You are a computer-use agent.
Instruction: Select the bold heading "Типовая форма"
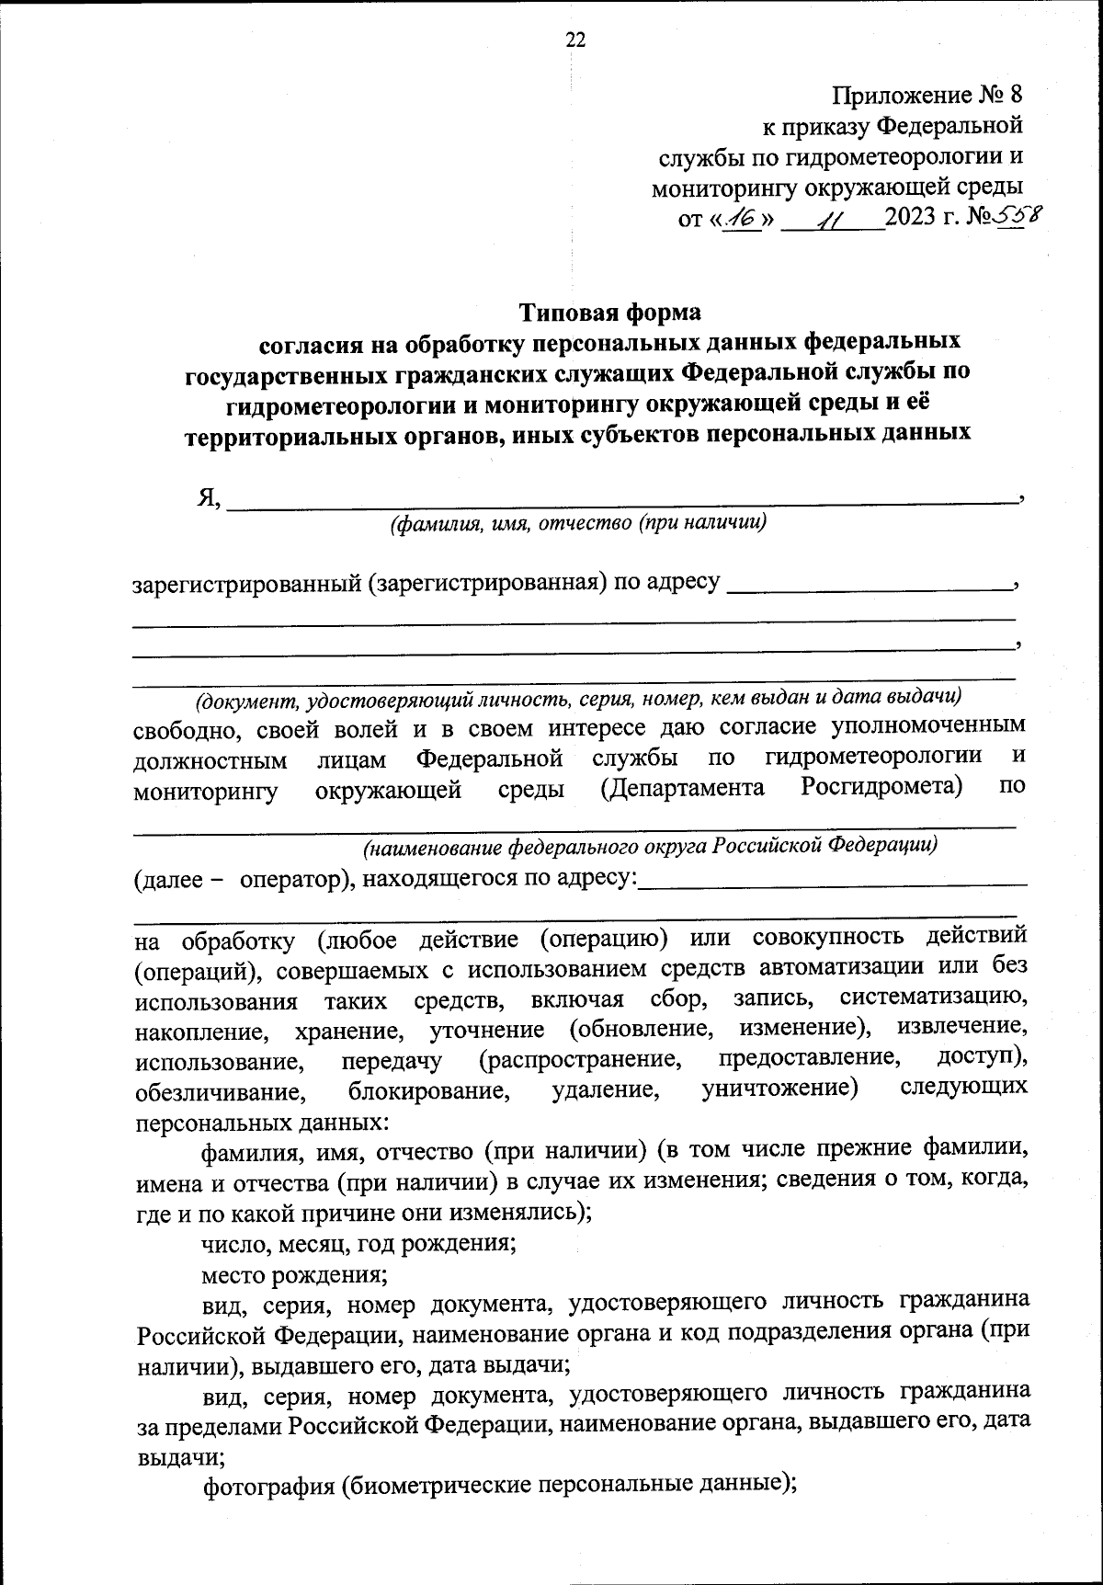click(610, 313)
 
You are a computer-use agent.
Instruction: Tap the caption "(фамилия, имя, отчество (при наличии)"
click(578, 524)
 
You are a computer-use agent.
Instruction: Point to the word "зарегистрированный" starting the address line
click(246, 584)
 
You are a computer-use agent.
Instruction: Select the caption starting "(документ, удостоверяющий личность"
click(578, 699)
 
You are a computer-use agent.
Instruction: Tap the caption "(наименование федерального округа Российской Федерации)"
click(649, 845)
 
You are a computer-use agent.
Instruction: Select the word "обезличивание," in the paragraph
click(218, 1093)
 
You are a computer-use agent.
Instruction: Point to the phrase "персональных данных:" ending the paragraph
click(261, 1123)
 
